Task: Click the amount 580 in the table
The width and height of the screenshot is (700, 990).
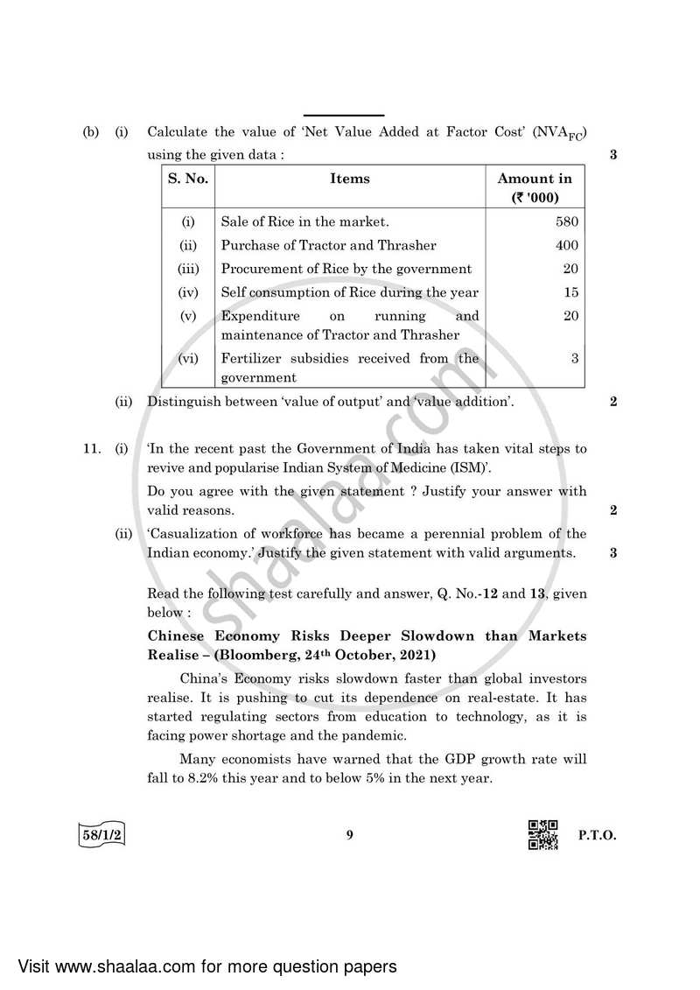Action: (567, 222)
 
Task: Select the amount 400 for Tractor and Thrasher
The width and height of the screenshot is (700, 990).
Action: (567, 246)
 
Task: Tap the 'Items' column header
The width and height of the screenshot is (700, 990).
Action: (350, 179)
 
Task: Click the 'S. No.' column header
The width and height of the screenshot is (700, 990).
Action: (188, 179)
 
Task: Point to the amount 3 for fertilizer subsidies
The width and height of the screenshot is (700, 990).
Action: (574, 358)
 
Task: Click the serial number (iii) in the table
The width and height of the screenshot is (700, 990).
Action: (188, 270)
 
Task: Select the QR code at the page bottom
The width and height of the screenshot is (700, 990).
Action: (543, 834)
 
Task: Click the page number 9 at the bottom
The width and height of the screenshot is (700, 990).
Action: (349, 835)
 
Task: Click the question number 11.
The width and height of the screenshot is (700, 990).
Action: (92, 449)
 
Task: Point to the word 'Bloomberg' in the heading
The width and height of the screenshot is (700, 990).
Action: (276, 656)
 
